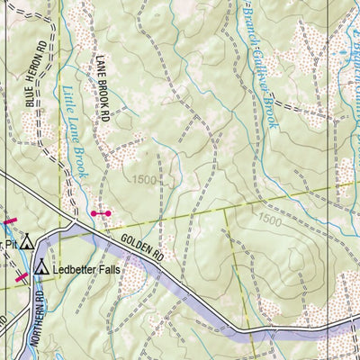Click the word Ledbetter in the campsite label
[78, 268]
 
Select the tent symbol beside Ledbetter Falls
[40, 267]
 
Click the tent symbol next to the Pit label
[27, 242]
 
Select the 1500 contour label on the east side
[268, 220]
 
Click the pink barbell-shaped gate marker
[101, 213]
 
